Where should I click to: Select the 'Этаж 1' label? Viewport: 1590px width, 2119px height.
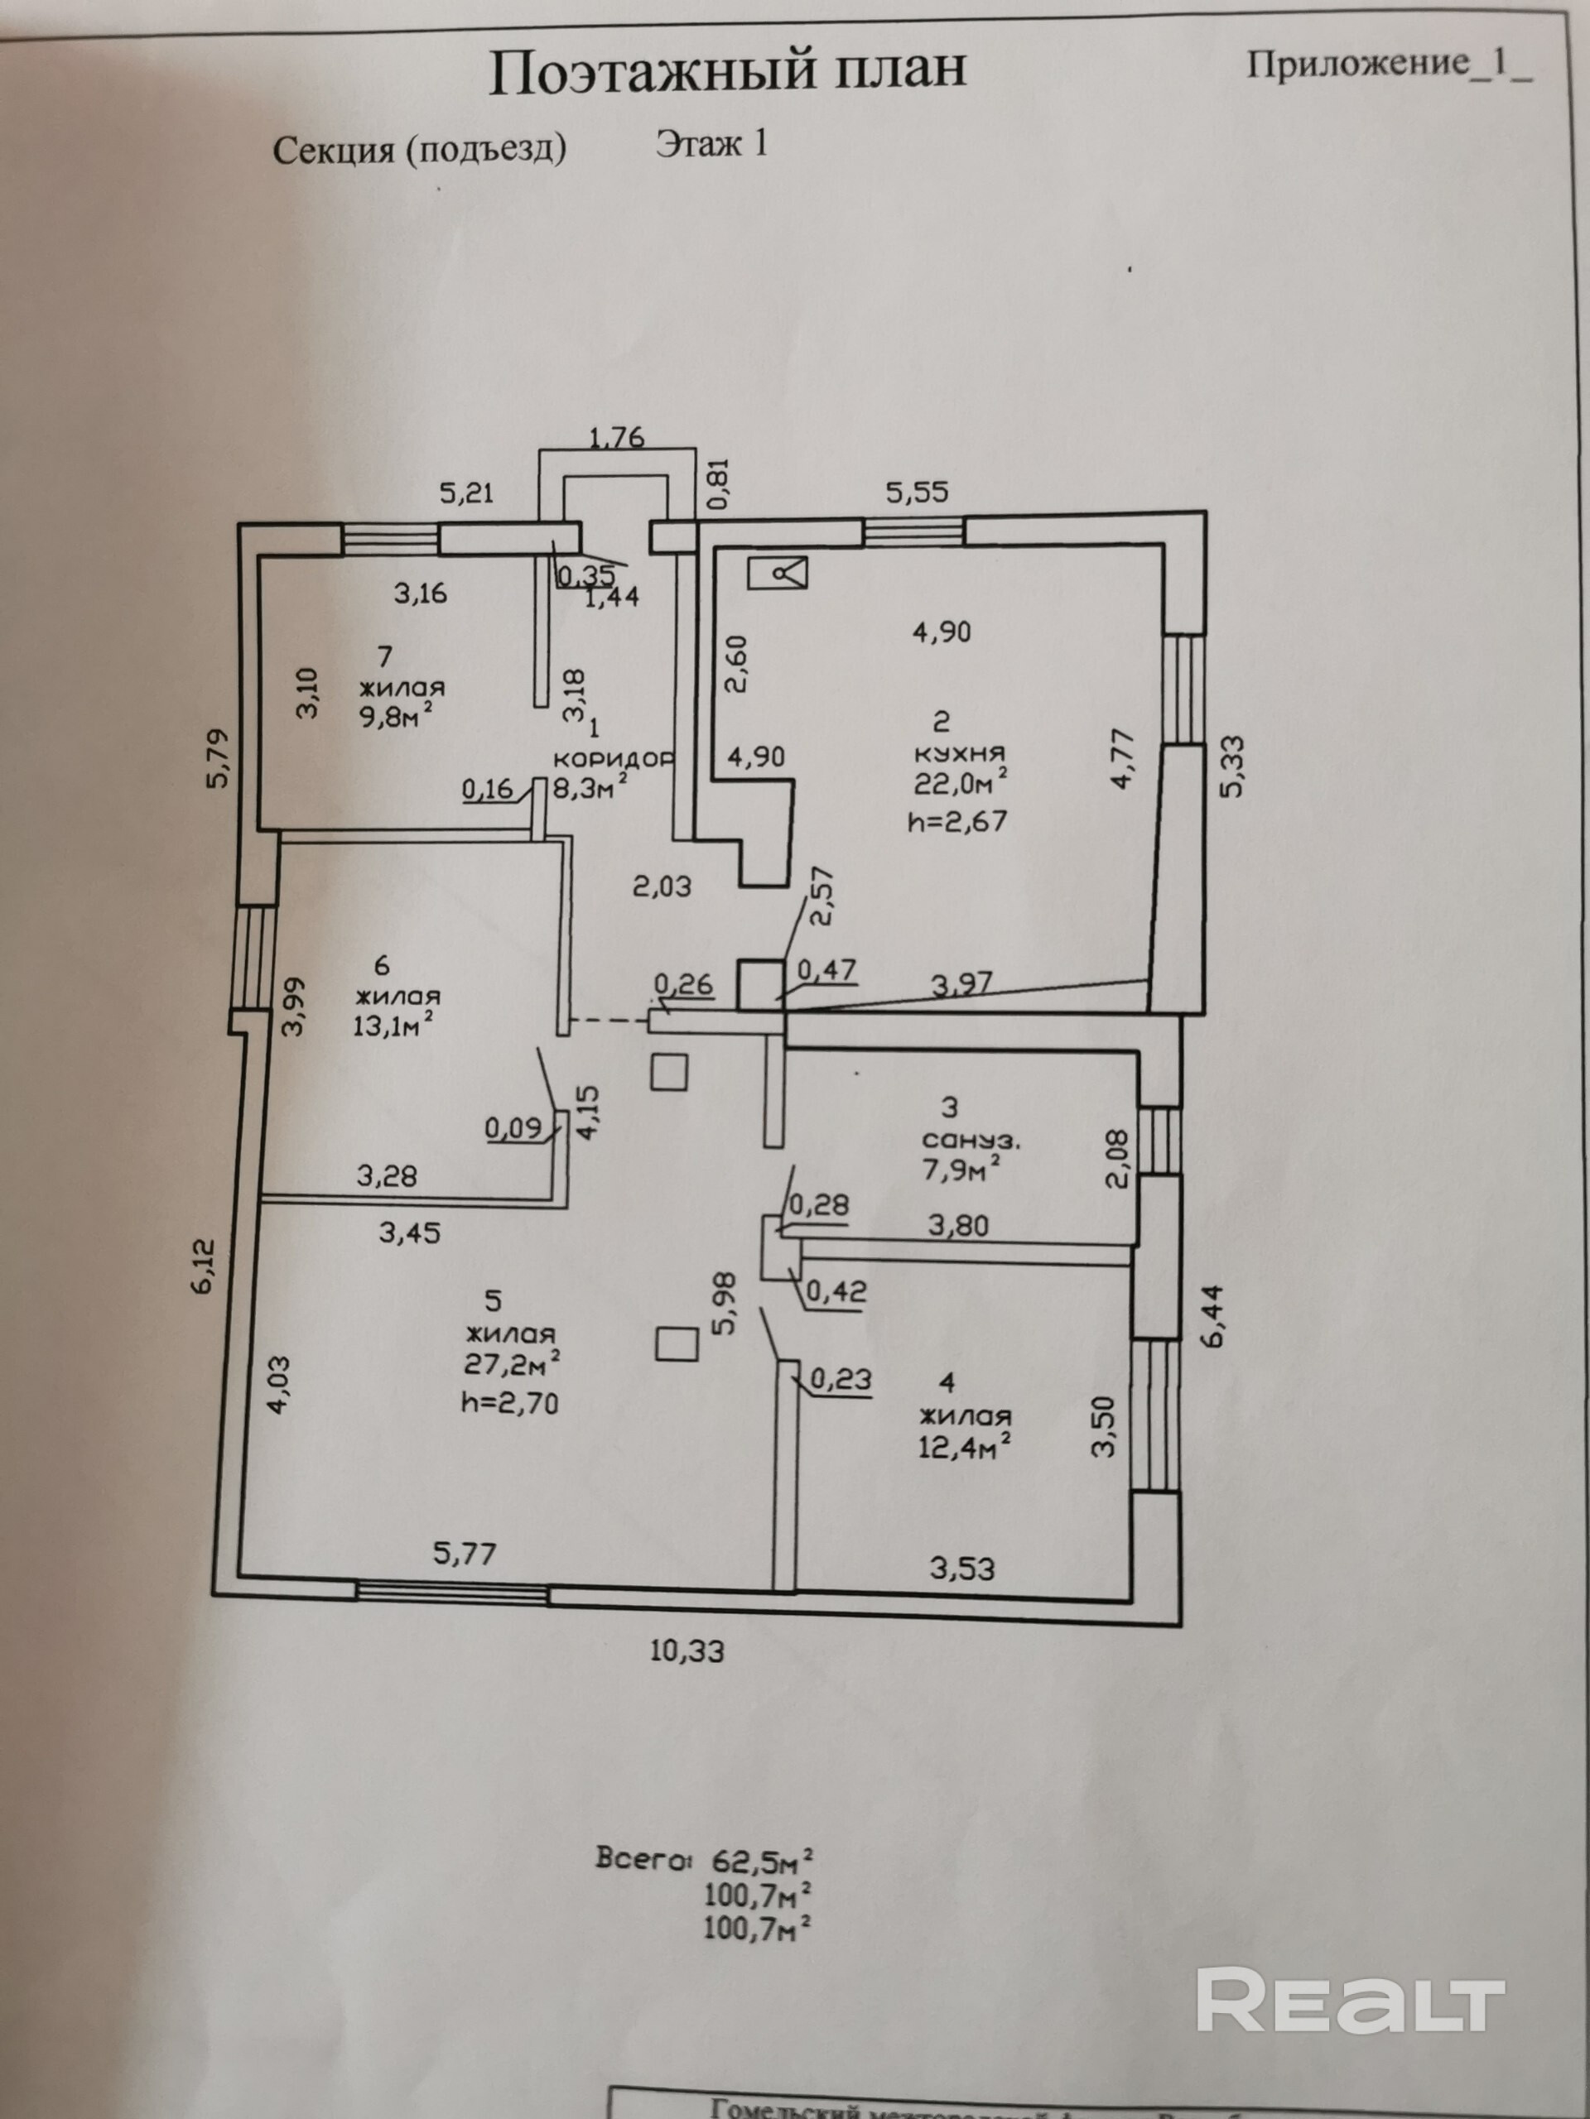[711, 144]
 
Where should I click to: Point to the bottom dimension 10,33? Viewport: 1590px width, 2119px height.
[687, 1651]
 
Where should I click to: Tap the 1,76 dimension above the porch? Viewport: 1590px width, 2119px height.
[616, 439]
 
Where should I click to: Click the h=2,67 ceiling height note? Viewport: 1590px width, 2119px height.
[957, 820]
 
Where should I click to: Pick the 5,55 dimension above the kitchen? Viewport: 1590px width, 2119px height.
[916, 493]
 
